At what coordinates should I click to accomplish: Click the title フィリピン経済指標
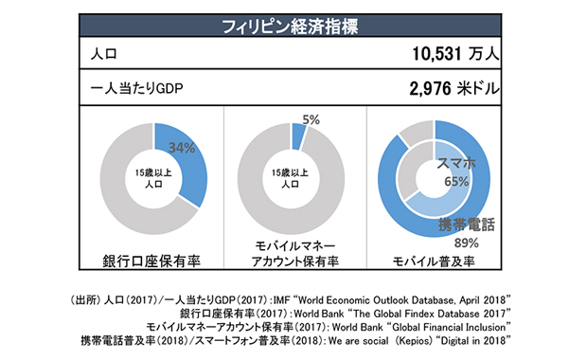(x=294, y=26)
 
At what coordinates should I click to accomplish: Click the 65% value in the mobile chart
(x=455, y=181)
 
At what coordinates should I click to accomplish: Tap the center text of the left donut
(x=152, y=177)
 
